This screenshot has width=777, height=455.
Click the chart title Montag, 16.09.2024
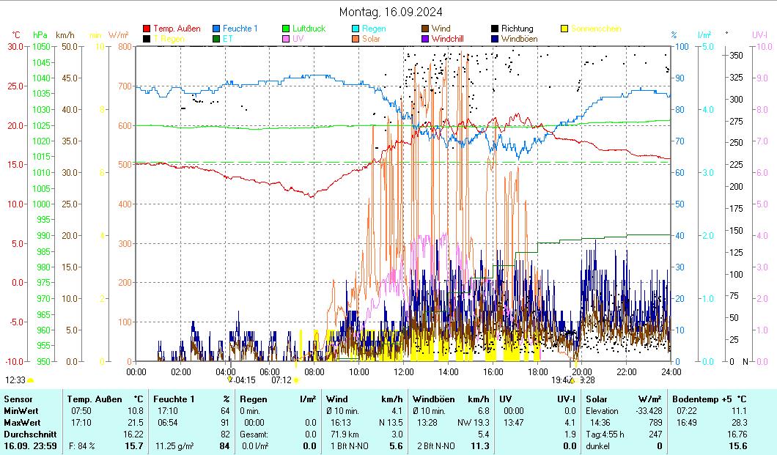(x=391, y=12)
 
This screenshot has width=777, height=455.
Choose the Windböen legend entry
(x=518, y=38)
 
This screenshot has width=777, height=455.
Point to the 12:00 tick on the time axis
(x=404, y=371)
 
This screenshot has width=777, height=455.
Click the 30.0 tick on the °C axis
(x=15, y=46)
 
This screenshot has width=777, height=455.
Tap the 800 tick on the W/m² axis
(x=124, y=46)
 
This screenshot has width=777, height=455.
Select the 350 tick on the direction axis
(x=736, y=55)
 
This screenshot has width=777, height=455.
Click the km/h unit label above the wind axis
(x=65, y=34)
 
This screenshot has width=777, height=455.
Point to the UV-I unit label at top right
(x=759, y=34)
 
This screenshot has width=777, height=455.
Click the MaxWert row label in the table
(x=23, y=423)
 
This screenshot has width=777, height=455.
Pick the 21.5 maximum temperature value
(x=136, y=423)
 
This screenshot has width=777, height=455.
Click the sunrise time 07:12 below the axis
(x=281, y=380)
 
